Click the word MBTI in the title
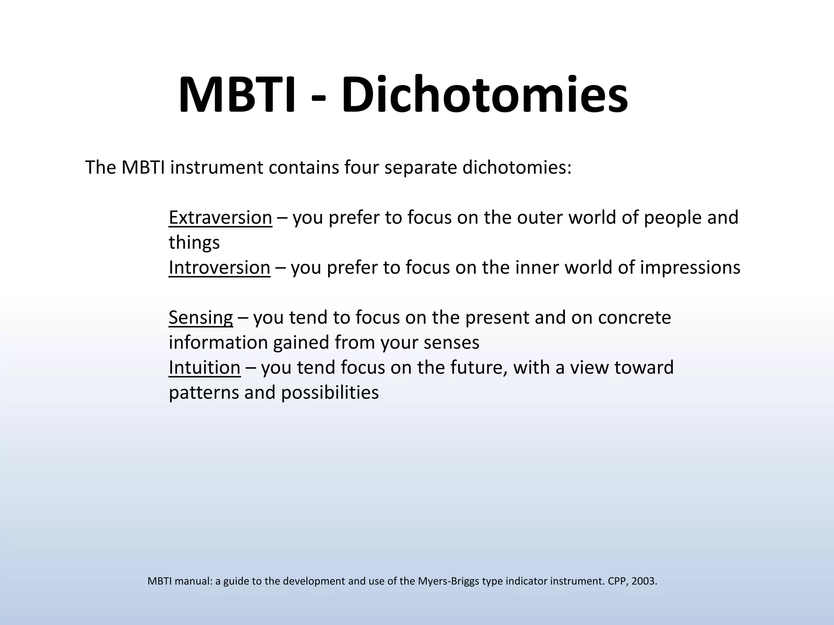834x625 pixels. (237, 94)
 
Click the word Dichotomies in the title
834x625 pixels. (485, 94)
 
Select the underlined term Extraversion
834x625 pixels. (220, 218)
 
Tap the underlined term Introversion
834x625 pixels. (219, 268)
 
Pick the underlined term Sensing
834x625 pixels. (201, 318)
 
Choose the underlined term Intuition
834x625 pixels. (204, 367)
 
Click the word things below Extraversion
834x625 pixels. (194, 243)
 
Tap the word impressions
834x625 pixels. (690, 268)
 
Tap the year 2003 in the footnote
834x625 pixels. (645, 581)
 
